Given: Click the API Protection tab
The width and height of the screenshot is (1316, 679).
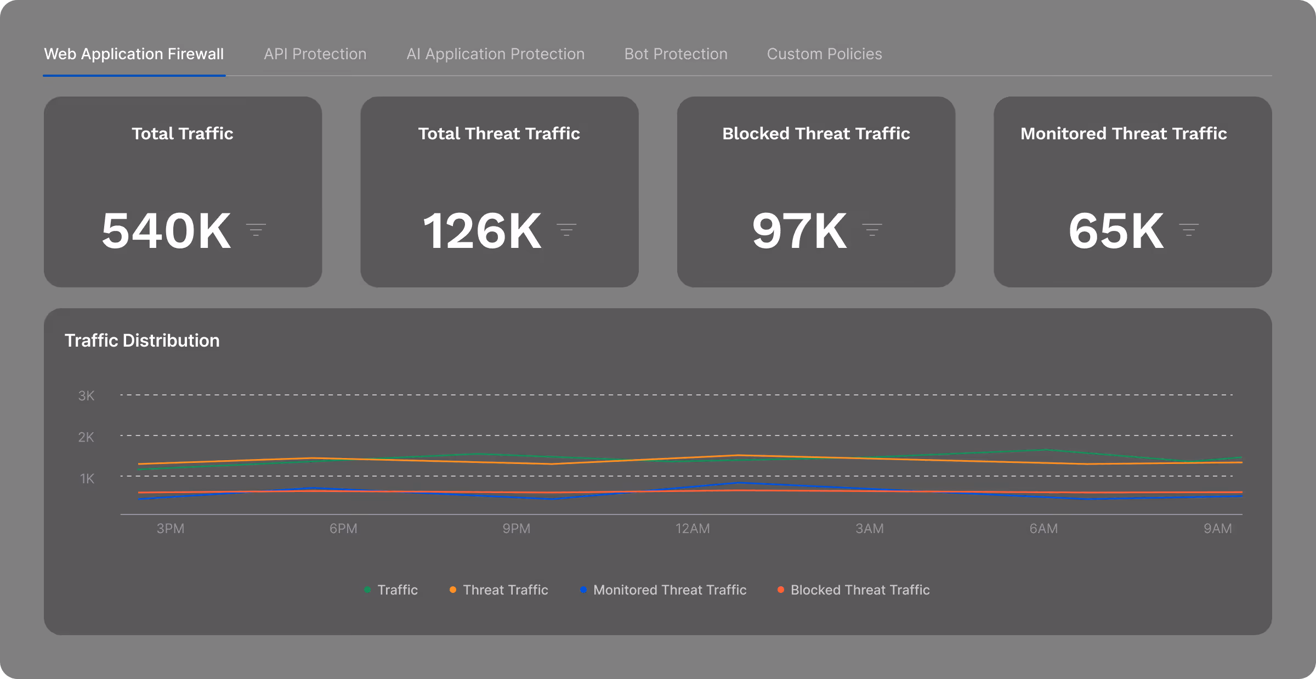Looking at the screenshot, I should (315, 54).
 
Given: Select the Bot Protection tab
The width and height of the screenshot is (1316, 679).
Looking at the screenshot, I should (676, 54).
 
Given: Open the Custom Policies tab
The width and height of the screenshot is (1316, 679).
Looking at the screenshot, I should (824, 54).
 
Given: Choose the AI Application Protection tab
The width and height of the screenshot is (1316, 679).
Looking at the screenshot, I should (495, 54).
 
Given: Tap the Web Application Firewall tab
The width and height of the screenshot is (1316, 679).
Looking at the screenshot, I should (134, 54).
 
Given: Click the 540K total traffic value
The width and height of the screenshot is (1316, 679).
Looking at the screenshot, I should (166, 231).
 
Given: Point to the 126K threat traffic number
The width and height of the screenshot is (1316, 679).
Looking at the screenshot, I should (482, 231).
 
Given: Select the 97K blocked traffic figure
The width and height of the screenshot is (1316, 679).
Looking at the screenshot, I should (799, 231).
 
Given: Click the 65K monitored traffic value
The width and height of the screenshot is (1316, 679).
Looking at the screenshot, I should (1116, 231).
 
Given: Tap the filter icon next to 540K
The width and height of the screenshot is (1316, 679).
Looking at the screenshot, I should (256, 230).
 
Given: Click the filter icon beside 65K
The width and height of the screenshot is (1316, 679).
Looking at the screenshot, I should (1189, 230).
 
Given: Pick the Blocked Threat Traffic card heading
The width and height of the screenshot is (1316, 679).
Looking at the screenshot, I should (816, 133).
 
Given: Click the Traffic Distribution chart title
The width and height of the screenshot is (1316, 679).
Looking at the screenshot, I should (142, 341).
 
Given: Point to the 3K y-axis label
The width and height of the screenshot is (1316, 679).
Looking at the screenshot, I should (86, 395).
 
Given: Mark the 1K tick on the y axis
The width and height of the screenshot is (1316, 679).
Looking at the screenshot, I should (87, 478).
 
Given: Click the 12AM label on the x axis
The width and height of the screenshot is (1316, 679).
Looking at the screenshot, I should (692, 529).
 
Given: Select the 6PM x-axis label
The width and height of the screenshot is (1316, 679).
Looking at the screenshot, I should (343, 529).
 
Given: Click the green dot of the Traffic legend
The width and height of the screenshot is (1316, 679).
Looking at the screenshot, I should (367, 590).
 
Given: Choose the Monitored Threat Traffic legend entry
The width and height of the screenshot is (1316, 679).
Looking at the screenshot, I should (670, 590).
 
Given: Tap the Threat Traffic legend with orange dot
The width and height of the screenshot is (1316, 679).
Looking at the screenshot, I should (505, 590).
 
